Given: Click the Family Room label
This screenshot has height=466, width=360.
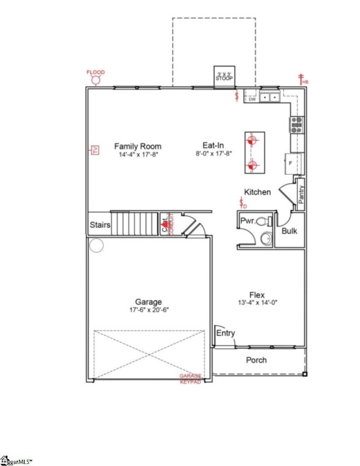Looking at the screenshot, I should coord(137,146).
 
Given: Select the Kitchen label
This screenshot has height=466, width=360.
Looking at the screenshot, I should coord(257,192).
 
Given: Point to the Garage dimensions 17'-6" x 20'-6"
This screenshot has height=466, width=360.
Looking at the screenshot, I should coord(149,310).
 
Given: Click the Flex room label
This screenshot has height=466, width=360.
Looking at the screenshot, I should coord(257,294).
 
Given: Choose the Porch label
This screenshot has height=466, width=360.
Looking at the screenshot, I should coord(256,360).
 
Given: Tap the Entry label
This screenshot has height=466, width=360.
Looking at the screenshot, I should coord(225,333).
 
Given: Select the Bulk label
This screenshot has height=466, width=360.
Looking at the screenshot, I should coord(290,231).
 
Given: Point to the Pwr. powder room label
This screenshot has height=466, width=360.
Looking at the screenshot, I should coord(247,221).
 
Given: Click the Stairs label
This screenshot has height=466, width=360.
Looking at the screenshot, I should coord(100,224).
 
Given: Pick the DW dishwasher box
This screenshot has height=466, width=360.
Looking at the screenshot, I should coord(252,99).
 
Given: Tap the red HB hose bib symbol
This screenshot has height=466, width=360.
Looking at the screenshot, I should coord(302,79).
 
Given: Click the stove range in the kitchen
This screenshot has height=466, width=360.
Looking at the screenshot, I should coord(297,123).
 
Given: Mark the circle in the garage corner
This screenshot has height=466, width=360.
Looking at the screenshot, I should coord(96,246).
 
